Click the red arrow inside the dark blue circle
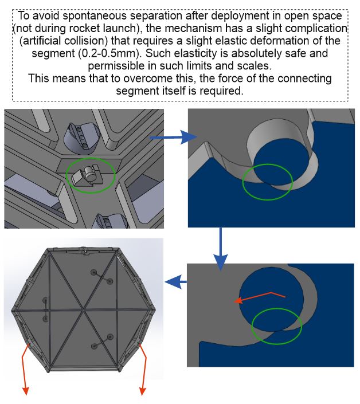[x=258, y=297]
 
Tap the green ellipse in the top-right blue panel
[x=267, y=182]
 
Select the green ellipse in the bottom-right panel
[x=277, y=325]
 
